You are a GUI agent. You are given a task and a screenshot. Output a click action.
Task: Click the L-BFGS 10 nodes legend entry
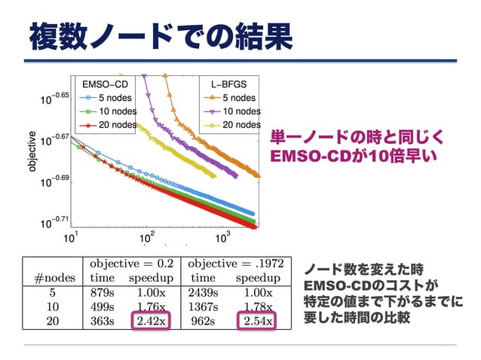pyautogui.click(x=229, y=111)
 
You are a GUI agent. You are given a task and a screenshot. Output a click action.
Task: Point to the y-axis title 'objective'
pyautogui.click(x=32, y=151)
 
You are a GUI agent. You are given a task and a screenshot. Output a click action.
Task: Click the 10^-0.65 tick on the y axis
pyautogui.click(x=55, y=98)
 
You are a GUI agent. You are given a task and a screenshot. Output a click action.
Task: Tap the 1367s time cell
pyautogui.click(x=202, y=307)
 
